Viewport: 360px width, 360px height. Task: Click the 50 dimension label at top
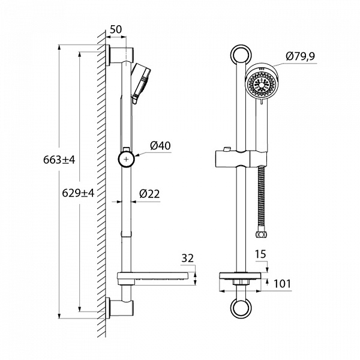tap(116, 29)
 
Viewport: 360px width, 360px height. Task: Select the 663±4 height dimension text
tap(59, 160)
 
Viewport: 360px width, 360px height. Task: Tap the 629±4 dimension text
tap(78, 193)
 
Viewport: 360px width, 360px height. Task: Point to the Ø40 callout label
tap(160, 146)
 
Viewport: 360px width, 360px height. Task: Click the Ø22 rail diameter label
tap(149, 194)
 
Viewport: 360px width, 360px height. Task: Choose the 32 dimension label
tap(188, 258)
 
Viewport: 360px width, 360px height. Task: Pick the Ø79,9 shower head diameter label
tap(301, 56)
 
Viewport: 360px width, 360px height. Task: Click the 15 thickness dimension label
tap(260, 254)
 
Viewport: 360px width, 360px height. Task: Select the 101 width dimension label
tap(283, 284)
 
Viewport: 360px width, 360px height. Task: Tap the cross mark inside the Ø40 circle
tap(126, 159)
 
